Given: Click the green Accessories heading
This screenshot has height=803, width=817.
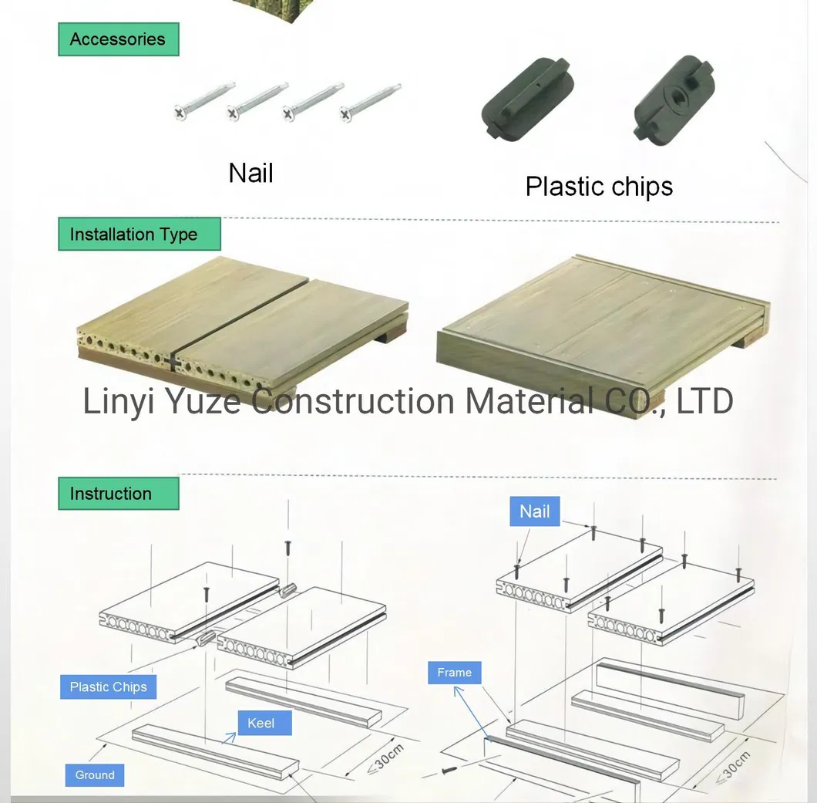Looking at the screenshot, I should [118, 39].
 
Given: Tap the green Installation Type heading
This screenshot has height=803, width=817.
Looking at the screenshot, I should [134, 234].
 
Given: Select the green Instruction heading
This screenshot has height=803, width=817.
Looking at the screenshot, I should [111, 494].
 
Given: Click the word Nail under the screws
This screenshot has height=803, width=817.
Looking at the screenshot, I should [251, 173].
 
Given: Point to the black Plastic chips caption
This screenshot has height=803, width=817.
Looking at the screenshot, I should [599, 187].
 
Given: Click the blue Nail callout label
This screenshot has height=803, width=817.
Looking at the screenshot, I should [535, 511].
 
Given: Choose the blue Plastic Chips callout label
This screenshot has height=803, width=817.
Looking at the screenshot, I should [108, 687].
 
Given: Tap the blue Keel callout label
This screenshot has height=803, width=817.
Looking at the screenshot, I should [261, 724].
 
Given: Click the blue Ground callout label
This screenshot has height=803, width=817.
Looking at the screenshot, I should [95, 775].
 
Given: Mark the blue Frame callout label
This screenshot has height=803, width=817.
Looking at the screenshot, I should [454, 673].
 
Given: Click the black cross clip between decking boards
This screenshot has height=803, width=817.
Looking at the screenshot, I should [172, 361].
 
